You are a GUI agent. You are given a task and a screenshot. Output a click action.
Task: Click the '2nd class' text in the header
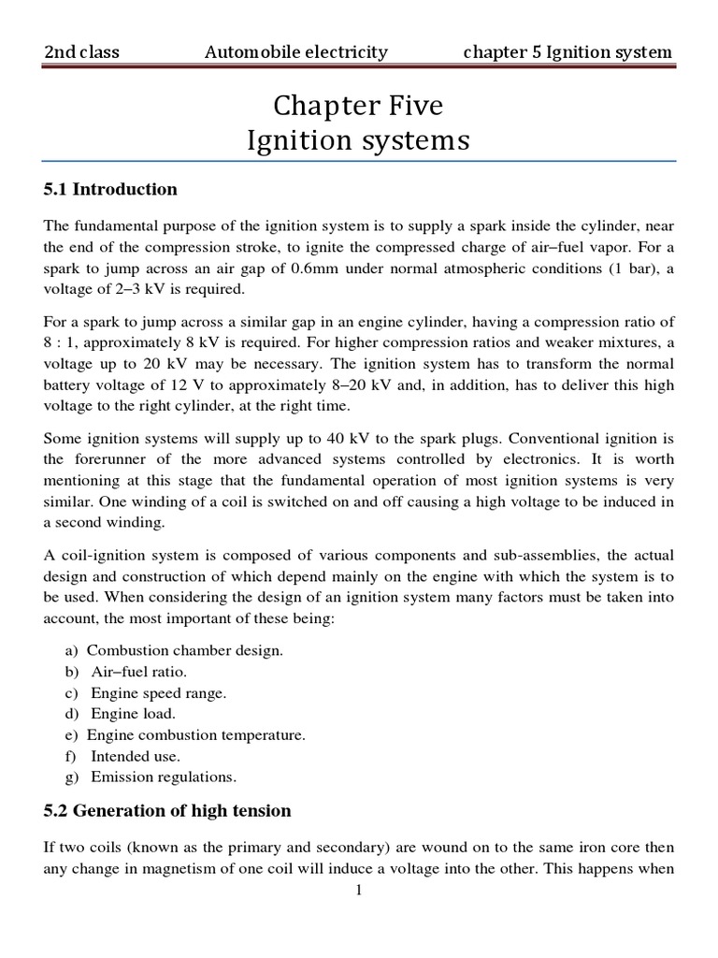82,52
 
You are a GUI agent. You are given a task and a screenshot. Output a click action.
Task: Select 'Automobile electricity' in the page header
295,52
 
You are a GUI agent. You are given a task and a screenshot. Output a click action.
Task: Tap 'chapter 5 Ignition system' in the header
567,52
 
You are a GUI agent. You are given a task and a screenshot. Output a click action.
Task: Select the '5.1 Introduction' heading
110,190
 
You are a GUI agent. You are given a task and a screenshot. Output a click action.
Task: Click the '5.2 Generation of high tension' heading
168,810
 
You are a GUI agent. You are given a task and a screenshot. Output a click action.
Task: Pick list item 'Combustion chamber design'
185,650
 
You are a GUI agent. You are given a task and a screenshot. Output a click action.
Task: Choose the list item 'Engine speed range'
158,693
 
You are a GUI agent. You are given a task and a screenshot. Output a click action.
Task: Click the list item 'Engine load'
134,715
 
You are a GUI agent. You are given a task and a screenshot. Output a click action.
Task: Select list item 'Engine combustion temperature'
196,735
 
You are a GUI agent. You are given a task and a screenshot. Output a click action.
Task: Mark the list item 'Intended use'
136,756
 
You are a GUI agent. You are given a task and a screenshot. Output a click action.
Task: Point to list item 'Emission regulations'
164,777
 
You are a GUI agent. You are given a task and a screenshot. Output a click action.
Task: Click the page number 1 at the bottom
359,890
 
